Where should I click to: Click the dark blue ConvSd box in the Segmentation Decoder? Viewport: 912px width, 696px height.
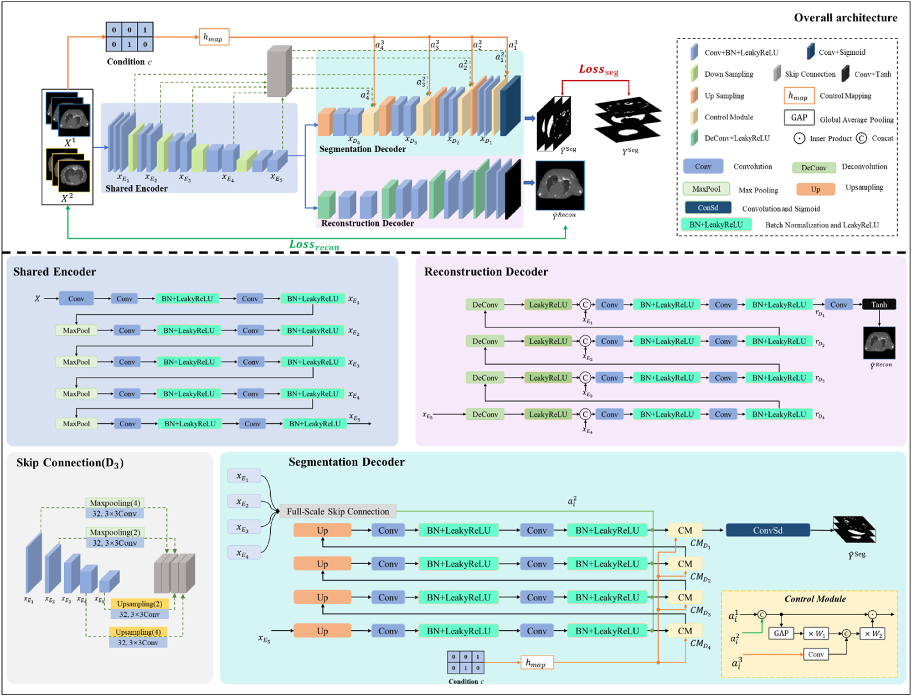pyautogui.click(x=768, y=530)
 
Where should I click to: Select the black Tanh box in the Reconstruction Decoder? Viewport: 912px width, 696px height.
pyautogui.click(x=879, y=305)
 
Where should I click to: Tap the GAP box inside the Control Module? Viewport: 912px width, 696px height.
pyautogui.click(x=781, y=633)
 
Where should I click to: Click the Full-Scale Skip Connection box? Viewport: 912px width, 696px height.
pyautogui.click(x=338, y=511)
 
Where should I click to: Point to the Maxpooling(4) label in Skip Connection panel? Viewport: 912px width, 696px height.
pyautogui.click(x=115, y=503)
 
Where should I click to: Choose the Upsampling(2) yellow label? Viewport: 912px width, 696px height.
pyautogui.click(x=139, y=603)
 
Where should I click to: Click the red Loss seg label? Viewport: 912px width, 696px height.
pyautogui.click(x=598, y=70)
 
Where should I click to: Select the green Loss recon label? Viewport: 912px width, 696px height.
pyautogui.click(x=314, y=245)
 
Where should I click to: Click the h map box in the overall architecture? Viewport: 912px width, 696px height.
pyautogui.click(x=213, y=37)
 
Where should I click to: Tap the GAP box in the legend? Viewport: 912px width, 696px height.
pyautogui.click(x=799, y=118)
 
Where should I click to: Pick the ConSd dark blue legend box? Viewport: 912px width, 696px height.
pyautogui.click(x=708, y=208)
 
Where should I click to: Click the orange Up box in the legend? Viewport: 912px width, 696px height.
pyautogui.click(x=815, y=189)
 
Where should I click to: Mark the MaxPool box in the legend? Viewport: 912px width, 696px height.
pyautogui.click(x=706, y=189)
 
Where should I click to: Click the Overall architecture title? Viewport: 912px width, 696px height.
pyautogui.click(x=845, y=18)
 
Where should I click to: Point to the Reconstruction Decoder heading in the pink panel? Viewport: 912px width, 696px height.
pyautogui.click(x=486, y=272)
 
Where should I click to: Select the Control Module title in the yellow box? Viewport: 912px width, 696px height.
pyautogui.click(x=815, y=599)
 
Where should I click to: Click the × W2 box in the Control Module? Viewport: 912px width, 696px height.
pyautogui.click(x=871, y=634)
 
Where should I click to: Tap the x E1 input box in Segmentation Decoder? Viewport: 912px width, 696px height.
pyautogui.click(x=244, y=477)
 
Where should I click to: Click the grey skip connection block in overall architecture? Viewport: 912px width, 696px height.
pyautogui.click(x=279, y=71)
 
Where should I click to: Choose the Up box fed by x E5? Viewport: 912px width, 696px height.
pyautogui.click(x=322, y=631)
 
